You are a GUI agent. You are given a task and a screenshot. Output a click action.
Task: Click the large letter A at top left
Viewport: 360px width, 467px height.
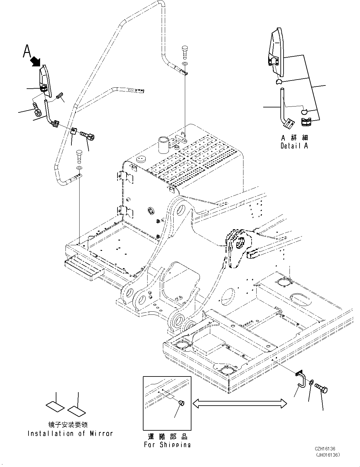[27, 51]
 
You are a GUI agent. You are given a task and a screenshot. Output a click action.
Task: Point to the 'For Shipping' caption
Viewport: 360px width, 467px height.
[167, 444]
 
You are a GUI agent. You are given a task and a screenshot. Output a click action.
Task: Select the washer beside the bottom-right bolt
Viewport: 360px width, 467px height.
[311, 383]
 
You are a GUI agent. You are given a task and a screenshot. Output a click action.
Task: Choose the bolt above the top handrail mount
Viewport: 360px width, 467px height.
[185, 51]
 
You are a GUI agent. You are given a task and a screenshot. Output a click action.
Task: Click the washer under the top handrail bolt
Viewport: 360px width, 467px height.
[185, 64]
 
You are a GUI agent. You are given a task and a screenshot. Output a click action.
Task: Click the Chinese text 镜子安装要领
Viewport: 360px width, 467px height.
[68, 425]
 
